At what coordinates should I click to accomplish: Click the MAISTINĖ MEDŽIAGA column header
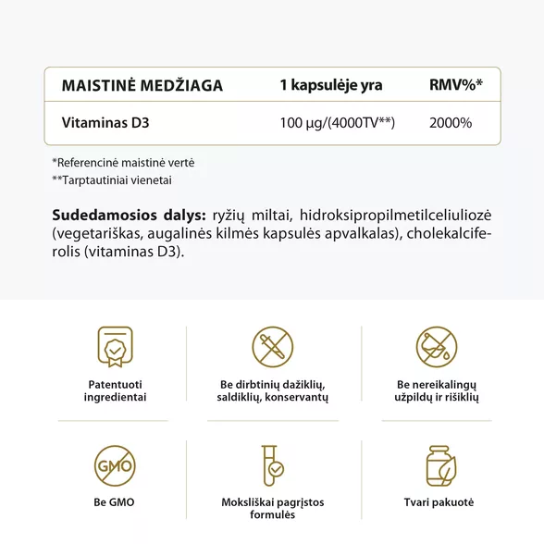click(x=142, y=86)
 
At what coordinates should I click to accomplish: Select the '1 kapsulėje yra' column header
click(x=330, y=86)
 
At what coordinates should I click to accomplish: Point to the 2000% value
click(x=451, y=122)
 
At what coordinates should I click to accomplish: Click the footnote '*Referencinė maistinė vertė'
click(x=123, y=162)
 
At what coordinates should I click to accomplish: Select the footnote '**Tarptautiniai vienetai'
click(x=112, y=180)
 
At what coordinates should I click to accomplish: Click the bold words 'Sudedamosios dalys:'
click(x=129, y=214)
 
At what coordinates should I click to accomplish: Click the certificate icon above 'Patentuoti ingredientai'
click(x=115, y=347)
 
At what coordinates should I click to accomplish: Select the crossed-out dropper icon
click(x=273, y=347)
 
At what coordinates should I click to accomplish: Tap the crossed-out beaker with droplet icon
click(x=437, y=347)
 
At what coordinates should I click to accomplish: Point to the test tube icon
click(x=273, y=467)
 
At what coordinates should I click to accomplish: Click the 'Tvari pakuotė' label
click(x=439, y=502)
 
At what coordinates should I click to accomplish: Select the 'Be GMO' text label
click(x=115, y=502)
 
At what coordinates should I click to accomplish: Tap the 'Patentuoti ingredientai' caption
click(x=115, y=390)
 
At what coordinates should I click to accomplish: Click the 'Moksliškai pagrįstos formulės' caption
click(x=273, y=509)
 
